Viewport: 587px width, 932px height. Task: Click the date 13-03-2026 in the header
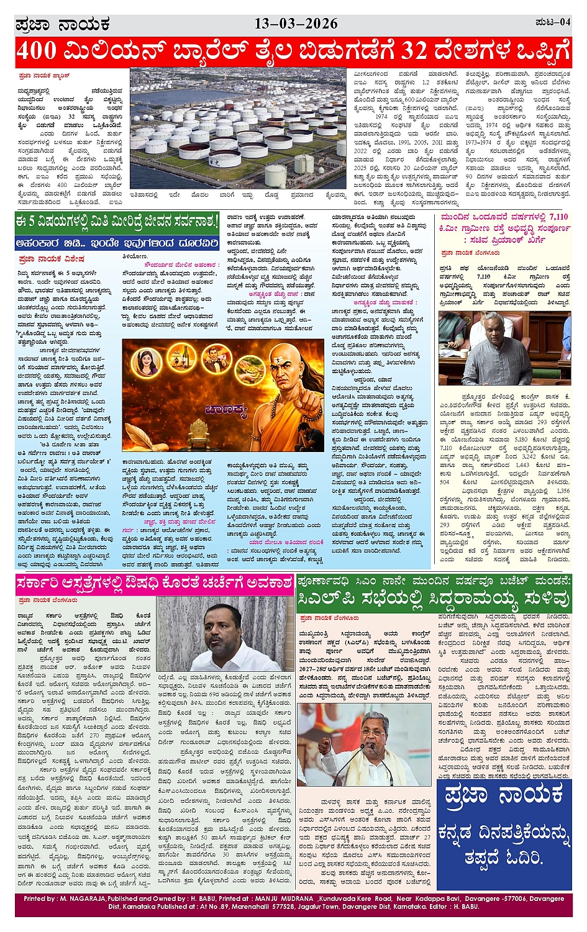click(296, 24)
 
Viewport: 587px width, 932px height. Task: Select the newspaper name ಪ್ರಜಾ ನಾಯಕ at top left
click(62, 24)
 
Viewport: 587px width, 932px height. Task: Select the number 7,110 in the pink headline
click(553, 217)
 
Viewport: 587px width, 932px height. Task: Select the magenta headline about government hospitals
click(154, 583)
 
